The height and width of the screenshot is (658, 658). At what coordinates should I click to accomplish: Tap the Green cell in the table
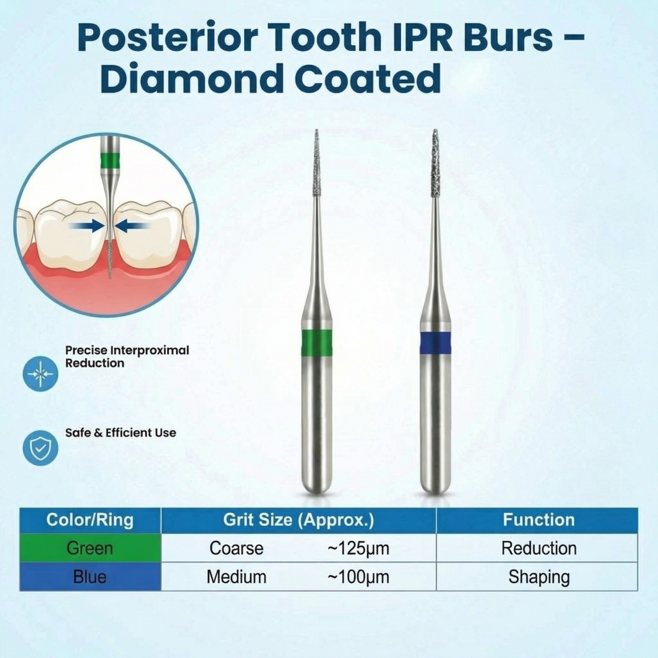pyautogui.click(x=90, y=548)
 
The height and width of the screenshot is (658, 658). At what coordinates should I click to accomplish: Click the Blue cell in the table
pyautogui.click(x=90, y=577)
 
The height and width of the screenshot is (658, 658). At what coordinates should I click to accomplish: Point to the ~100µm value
pyautogui.click(x=358, y=577)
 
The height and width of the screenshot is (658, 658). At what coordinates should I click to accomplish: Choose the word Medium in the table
pyautogui.click(x=236, y=577)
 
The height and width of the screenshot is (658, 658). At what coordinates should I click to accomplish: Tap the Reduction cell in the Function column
pyautogui.click(x=539, y=548)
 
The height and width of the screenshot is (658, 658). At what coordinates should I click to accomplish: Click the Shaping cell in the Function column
pyautogui.click(x=539, y=577)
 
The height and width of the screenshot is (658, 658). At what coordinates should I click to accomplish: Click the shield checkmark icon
pyautogui.click(x=40, y=448)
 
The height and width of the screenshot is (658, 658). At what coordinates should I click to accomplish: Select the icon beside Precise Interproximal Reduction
pyautogui.click(x=40, y=374)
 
